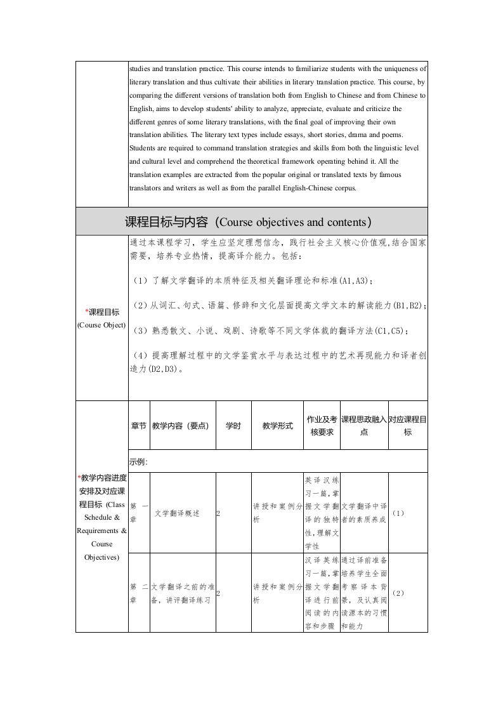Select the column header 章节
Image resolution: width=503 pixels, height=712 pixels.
[138, 426]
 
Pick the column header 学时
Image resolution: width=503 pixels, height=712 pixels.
[233, 426]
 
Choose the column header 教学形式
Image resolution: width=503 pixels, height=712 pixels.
[277, 426]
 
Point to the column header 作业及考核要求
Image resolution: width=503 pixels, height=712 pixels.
[322, 426]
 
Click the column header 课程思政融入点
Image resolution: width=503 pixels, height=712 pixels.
[364, 426]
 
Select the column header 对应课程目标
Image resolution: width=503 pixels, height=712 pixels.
[407, 426]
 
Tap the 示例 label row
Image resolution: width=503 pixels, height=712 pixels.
[138, 461]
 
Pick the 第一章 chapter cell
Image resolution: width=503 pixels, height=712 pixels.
[138, 513]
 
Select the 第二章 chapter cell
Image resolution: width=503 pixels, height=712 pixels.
[138, 593]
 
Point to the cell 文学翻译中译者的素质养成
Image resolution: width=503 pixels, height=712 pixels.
[364, 513]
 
